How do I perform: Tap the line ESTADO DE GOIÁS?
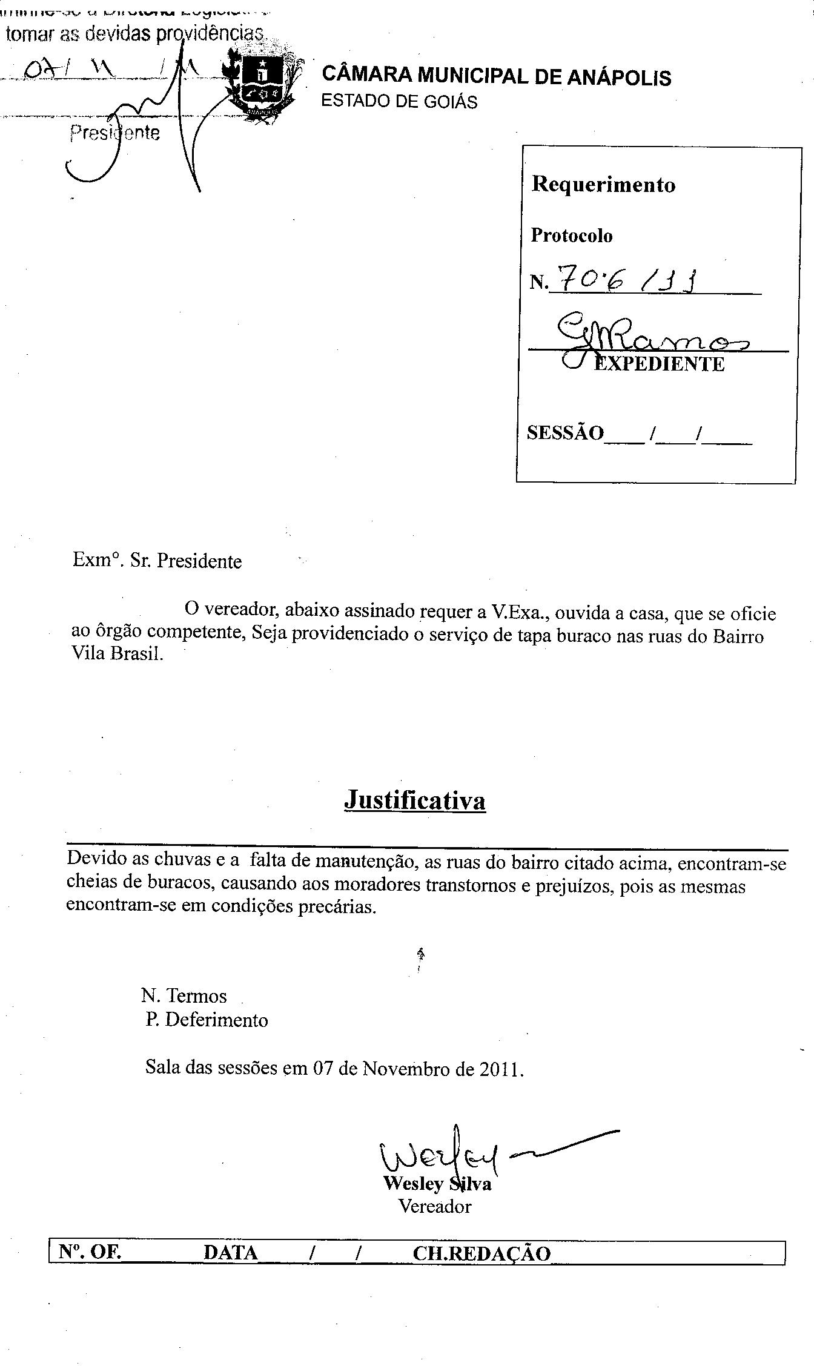tap(399, 101)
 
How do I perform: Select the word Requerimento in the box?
tap(603, 184)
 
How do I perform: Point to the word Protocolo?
tap(571, 236)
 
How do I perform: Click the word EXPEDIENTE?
tap(659, 364)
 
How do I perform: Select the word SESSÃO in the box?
tap(565, 433)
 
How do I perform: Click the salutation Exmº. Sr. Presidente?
tap(157, 561)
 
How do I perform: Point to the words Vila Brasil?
tap(117, 655)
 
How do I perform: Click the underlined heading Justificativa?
tap(415, 800)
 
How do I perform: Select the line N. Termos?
tap(184, 995)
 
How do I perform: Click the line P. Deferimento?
tap(207, 1020)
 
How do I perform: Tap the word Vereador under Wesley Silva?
tap(435, 1206)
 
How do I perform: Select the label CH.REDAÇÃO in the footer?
tap(481, 1253)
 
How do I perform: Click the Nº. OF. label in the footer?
tap(90, 1252)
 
